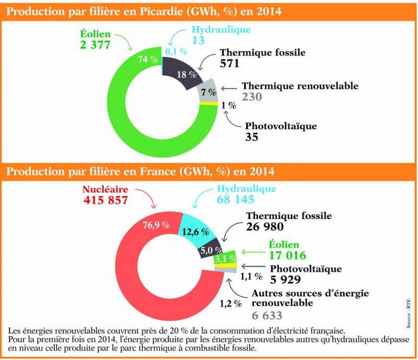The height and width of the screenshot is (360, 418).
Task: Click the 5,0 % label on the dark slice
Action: (x=206, y=250)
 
